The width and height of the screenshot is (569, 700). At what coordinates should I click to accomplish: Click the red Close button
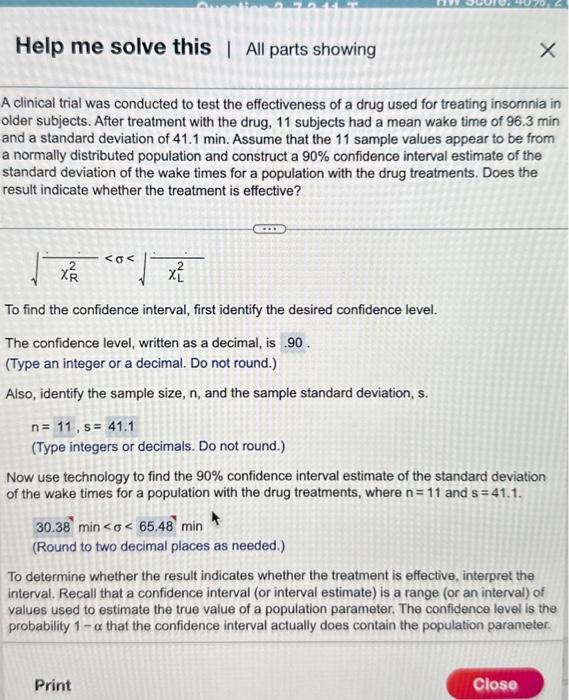(495, 684)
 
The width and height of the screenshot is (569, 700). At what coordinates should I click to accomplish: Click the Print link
(53, 685)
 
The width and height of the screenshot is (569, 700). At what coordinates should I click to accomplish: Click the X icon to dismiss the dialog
(546, 51)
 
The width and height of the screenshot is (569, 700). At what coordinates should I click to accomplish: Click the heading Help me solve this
(114, 47)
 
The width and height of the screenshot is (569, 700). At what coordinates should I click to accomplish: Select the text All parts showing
(311, 49)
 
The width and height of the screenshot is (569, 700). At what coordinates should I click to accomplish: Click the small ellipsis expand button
(269, 229)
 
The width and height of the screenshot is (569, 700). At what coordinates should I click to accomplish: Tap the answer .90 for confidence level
(294, 344)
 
